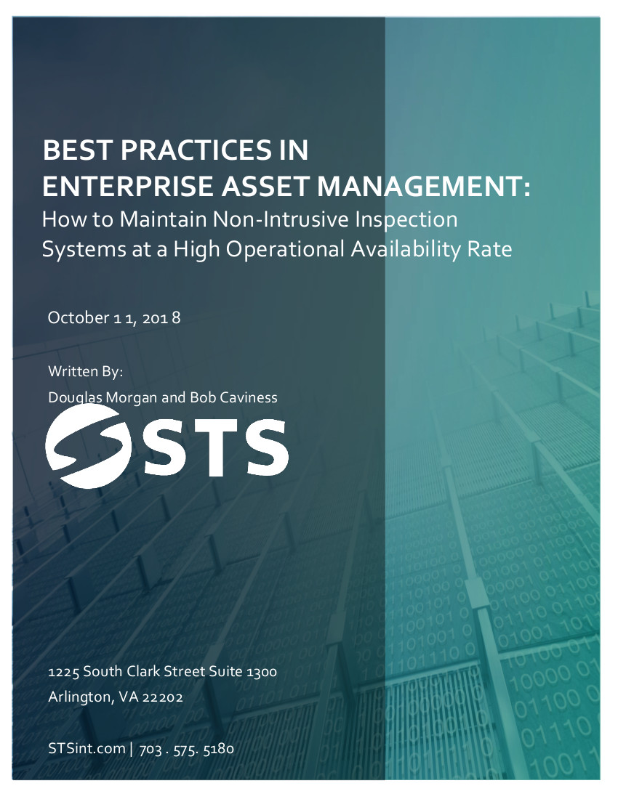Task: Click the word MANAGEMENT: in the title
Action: [424, 186]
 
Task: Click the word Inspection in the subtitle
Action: [406, 220]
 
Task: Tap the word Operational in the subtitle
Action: [285, 250]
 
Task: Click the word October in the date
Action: [78, 317]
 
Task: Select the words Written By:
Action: [86, 371]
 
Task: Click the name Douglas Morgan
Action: [103, 398]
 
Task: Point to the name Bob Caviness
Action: [233, 397]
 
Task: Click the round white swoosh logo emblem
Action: [88, 447]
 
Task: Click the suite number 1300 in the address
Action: [262, 672]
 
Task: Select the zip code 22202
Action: [162, 697]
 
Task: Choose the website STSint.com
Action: [87, 749]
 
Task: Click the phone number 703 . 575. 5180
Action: [187, 749]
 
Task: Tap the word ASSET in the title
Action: [265, 186]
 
